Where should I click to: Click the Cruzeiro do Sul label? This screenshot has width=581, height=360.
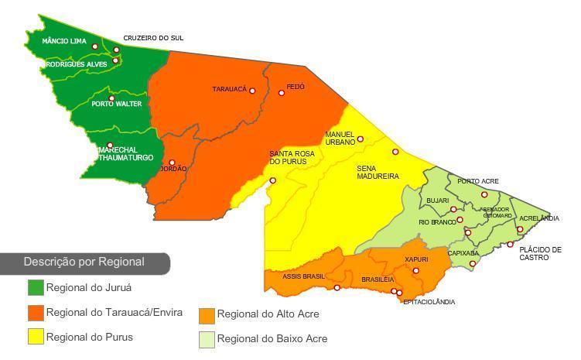(x=153, y=38)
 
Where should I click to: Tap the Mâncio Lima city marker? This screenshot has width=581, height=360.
(x=95, y=46)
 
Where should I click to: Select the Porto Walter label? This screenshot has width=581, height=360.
(x=117, y=104)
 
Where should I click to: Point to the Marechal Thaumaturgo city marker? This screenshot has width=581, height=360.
(x=110, y=145)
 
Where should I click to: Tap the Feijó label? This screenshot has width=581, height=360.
(x=296, y=87)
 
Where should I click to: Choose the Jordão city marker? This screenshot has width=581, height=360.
(x=172, y=163)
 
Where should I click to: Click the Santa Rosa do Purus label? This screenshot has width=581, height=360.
(x=292, y=158)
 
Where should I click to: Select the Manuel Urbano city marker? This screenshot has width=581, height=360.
(x=361, y=139)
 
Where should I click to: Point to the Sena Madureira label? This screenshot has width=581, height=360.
(x=378, y=172)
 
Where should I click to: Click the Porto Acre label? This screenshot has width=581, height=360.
(x=478, y=182)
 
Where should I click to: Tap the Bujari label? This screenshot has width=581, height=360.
(x=437, y=201)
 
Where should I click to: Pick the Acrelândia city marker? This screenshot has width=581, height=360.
(x=520, y=229)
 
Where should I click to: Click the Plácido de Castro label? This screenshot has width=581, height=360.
(x=540, y=253)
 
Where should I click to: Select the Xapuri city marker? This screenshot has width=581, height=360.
(x=416, y=270)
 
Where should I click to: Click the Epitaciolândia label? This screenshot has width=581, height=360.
(x=429, y=302)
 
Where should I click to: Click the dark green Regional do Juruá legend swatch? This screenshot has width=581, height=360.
(x=36, y=288)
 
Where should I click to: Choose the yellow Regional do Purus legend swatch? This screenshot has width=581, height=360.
(x=36, y=337)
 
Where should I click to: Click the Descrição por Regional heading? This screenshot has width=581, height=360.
(x=84, y=262)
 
